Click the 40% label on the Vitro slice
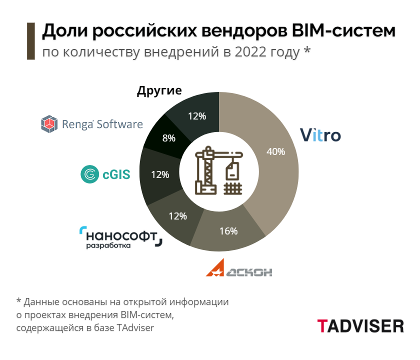click(x=275, y=151)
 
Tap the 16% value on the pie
click(x=228, y=231)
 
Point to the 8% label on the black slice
click(x=168, y=138)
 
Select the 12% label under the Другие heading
click(x=197, y=116)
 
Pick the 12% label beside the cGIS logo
click(x=160, y=175)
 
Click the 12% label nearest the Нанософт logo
click(x=177, y=216)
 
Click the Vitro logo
click(x=320, y=135)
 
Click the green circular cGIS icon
click(x=90, y=174)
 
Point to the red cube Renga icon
click(x=49, y=123)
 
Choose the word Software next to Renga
click(x=119, y=124)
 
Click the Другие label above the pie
click(x=159, y=91)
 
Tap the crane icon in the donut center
click(x=218, y=171)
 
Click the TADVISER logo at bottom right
click(x=360, y=326)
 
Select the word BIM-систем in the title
click(x=343, y=31)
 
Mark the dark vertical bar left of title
click(x=30, y=41)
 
